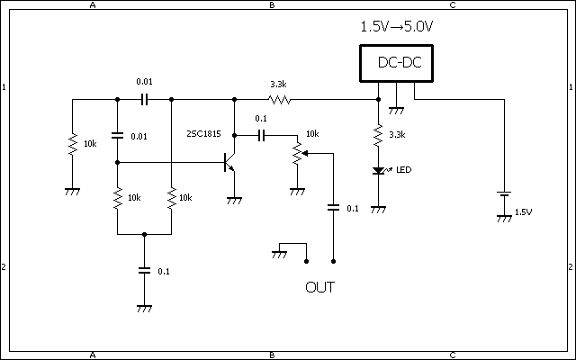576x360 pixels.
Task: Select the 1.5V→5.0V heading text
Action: (x=396, y=27)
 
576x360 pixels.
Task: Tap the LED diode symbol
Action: (x=378, y=170)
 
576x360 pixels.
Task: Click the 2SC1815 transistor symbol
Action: (x=229, y=162)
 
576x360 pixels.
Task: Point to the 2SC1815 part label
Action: (x=203, y=133)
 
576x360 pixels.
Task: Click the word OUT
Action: (x=320, y=289)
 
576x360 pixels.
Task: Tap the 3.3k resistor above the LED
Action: (x=378, y=135)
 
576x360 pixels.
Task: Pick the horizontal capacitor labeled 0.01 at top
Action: (x=144, y=99)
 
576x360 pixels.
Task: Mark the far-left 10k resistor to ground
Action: (x=72, y=144)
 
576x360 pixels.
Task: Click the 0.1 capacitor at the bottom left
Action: (x=144, y=269)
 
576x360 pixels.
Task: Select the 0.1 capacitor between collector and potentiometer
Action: (x=261, y=135)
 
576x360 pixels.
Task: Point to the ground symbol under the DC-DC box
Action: (x=394, y=110)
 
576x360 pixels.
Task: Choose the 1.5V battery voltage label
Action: (x=523, y=212)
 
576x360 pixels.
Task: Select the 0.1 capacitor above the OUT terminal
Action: (x=334, y=207)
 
